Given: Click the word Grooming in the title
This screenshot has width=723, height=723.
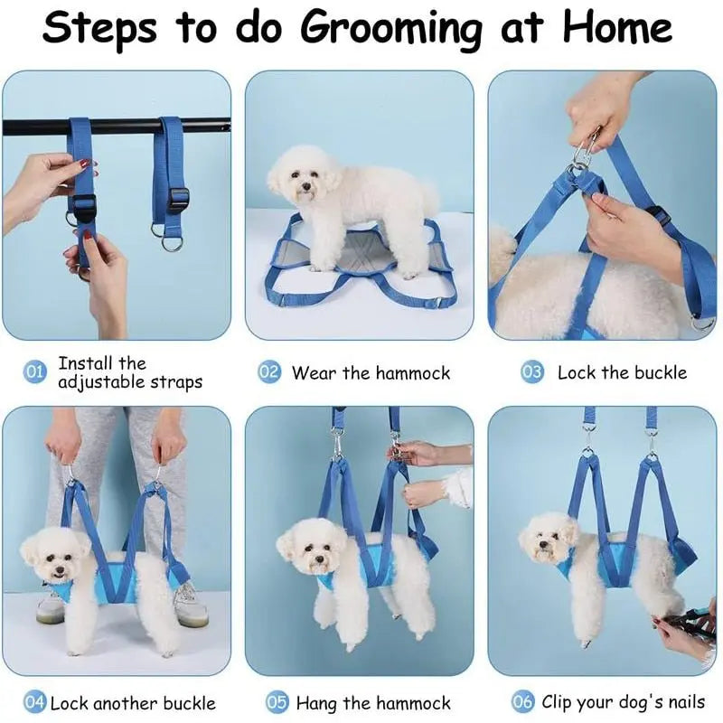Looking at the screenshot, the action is [391, 29].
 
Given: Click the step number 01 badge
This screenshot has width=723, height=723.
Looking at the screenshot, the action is [34, 371].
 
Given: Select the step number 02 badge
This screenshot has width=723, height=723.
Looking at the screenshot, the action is [268, 371].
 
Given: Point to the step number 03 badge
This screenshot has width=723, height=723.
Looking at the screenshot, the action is [532, 371].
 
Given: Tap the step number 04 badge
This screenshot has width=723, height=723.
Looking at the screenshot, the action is [34, 702].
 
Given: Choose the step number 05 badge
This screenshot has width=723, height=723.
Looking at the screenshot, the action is [277, 702].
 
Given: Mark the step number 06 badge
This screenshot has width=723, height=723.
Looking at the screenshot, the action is [522, 702].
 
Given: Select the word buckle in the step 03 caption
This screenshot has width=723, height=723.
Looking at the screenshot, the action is [661, 372].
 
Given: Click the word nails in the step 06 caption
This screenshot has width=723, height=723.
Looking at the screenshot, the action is [687, 702].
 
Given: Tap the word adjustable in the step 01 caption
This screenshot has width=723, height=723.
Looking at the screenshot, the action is [98, 382].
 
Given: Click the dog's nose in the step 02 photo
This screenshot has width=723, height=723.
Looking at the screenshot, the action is [305, 187].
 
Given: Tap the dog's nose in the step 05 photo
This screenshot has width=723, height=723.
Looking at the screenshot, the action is [318, 559].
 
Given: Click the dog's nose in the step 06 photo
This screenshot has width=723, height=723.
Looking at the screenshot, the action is [545, 545].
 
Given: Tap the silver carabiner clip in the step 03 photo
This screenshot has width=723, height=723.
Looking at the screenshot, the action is [585, 149].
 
